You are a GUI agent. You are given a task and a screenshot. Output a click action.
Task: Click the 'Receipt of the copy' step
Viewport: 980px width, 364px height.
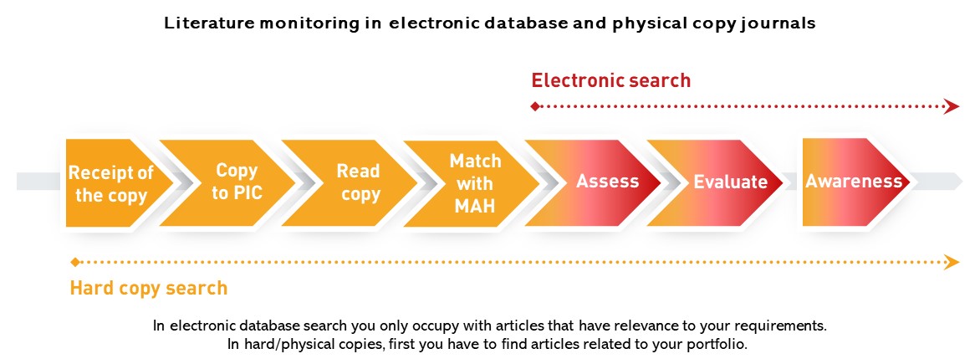pyautogui.click(x=111, y=184)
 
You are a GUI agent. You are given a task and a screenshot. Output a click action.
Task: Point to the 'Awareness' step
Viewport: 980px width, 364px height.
pyautogui.click(x=853, y=181)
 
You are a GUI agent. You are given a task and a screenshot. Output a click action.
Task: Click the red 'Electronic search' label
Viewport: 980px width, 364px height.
pyautogui.click(x=611, y=80)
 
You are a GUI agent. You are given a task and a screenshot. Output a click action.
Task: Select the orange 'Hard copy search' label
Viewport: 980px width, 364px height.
pyautogui.click(x=149, y=288)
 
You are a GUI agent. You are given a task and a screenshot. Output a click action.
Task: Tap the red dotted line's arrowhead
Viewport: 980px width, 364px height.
pyautogui.click(x=951, y=106)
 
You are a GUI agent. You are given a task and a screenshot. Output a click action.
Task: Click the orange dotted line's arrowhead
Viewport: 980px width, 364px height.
pyautogui.click(x=951, y=262)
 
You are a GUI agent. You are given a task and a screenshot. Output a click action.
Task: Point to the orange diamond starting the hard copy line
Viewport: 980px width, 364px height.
pyautogui.click(x=75, y=262)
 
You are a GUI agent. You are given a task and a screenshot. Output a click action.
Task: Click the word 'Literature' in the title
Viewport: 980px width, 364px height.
pyautogui.click(x=201, y=23)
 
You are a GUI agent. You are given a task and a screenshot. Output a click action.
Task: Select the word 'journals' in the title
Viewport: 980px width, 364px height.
pyautogui.click(x=777, y=23)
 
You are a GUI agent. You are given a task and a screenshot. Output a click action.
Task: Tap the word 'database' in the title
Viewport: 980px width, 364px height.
pyautogui.click(x=506, y=23)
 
